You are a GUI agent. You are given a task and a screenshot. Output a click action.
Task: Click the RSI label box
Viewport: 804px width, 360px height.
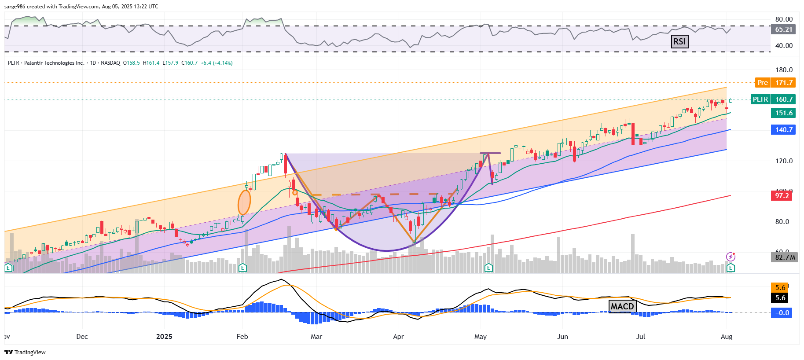pos(679,41)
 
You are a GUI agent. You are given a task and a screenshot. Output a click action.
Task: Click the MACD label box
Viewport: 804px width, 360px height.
pos(622,306)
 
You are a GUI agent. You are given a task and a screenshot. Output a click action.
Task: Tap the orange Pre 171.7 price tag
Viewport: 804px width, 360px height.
pos(775,82)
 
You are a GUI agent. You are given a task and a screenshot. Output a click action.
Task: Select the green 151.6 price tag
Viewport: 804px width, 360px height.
pos(783,113)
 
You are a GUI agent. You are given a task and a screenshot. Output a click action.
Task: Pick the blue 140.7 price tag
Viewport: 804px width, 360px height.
pos(783,130)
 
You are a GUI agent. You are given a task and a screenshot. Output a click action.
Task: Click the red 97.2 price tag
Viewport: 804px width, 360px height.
pos(782,195)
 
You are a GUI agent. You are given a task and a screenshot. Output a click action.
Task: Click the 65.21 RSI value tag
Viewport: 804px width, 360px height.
pos(783,29)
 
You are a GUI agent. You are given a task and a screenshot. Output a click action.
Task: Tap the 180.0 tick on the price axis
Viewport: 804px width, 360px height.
pos(784,70)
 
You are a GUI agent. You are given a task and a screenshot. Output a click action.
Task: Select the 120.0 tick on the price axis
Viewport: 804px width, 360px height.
pos(784,161)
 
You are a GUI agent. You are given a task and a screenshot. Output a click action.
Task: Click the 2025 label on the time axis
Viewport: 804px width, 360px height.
pos(164,337)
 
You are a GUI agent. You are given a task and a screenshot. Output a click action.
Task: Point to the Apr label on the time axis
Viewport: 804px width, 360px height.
pos(398,337)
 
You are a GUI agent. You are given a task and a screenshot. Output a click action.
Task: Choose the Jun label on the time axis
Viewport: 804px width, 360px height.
pos(562,337)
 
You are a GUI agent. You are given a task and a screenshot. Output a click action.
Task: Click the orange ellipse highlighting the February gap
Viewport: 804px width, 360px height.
pos(244,202)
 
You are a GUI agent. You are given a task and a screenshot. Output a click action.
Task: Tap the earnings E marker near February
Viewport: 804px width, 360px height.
pos(242,268)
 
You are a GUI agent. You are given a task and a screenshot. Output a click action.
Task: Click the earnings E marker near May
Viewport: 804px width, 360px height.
pos(488,268)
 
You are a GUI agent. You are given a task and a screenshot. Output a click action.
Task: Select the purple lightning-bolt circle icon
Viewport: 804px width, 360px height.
pos(731,257)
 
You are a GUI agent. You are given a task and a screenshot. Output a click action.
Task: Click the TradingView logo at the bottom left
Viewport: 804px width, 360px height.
pos(25,352)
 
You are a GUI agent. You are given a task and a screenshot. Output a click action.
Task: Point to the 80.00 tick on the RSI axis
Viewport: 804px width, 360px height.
pos(784,19)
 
